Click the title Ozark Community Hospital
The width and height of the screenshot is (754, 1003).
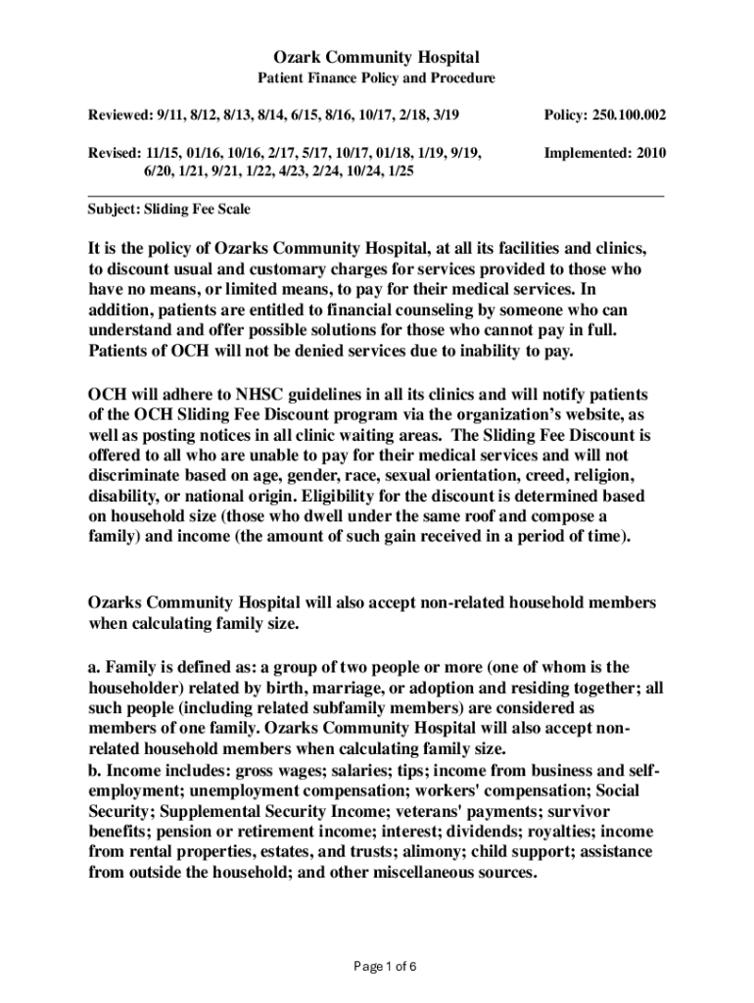tap(376, 58)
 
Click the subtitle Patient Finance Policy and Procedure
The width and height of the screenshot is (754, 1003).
tap(376, 78)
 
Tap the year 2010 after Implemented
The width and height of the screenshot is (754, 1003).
tap(647, 154)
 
